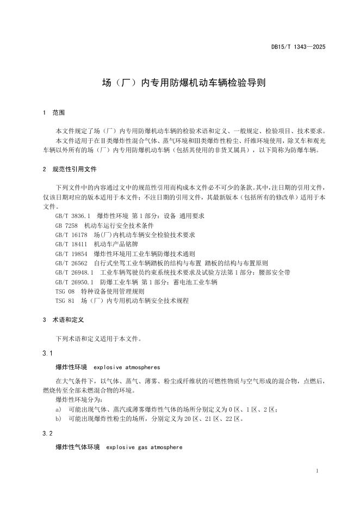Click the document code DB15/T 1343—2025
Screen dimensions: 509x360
[298, 47]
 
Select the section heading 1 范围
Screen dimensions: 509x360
[53, 113]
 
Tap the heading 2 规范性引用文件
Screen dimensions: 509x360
[70, 169]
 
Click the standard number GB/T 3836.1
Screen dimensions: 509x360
[72, 216]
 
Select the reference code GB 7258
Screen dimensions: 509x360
[67, 225]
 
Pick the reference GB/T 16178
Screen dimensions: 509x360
[71, 234]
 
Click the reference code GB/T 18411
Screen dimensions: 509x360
[71, 244]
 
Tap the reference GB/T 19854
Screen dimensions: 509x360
[71, 253]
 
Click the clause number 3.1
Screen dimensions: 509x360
[47, 353]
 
